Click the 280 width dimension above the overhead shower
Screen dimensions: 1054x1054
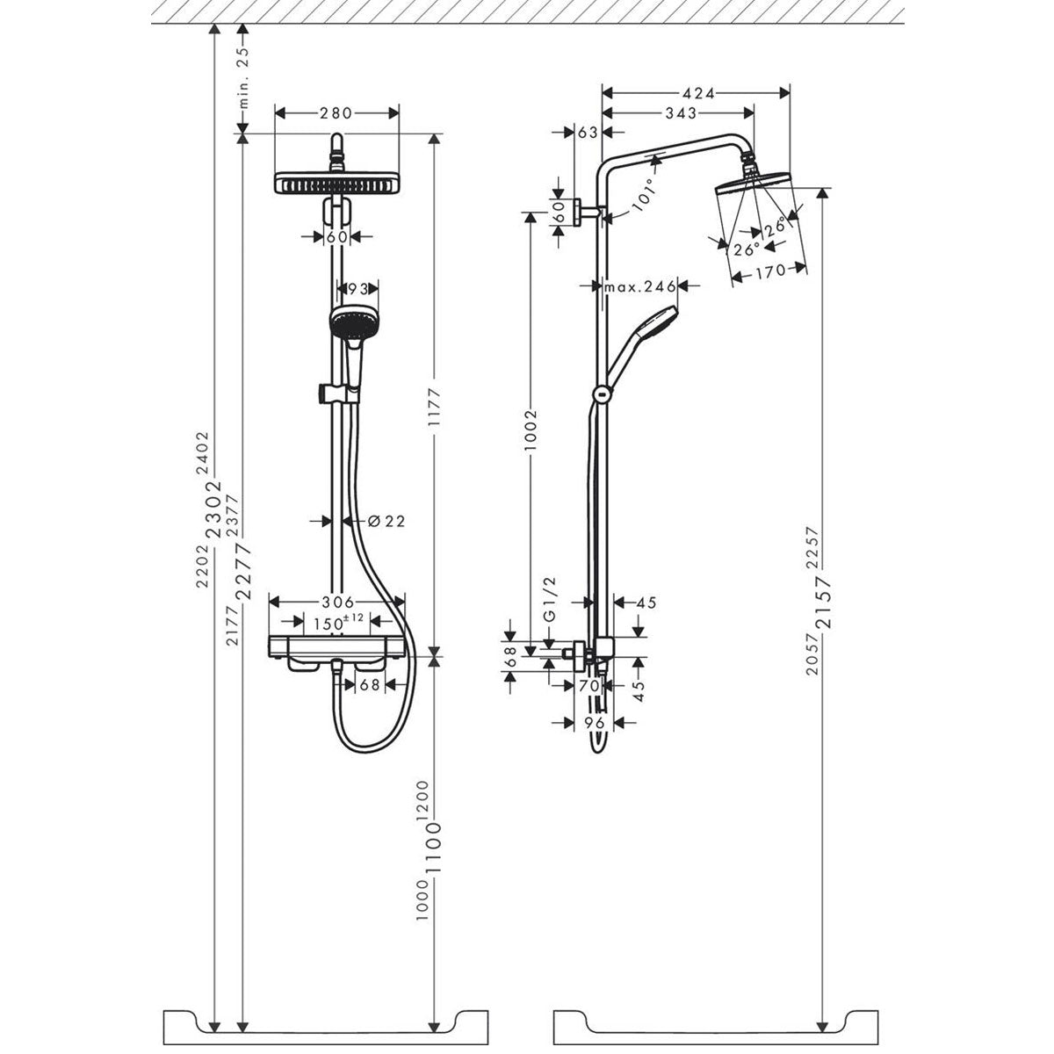point(336,112)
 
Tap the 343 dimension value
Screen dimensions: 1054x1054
point(681,113)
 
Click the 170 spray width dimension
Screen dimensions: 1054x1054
point(769,272)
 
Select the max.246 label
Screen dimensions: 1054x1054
point(639,286)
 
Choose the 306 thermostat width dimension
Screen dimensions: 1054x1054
point(336,603)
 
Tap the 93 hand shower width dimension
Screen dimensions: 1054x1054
point(357,289)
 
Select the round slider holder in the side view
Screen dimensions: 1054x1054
point(602,395)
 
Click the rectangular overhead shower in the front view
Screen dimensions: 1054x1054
point(337,185)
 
